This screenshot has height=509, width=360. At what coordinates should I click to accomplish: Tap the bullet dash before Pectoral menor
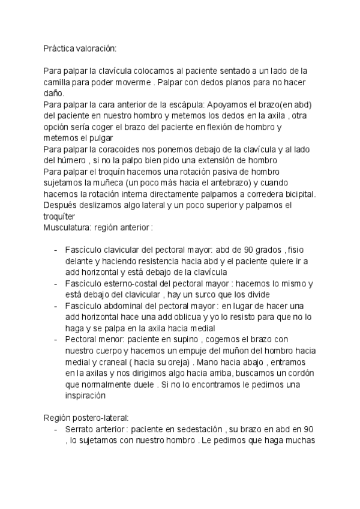point(55,340)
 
